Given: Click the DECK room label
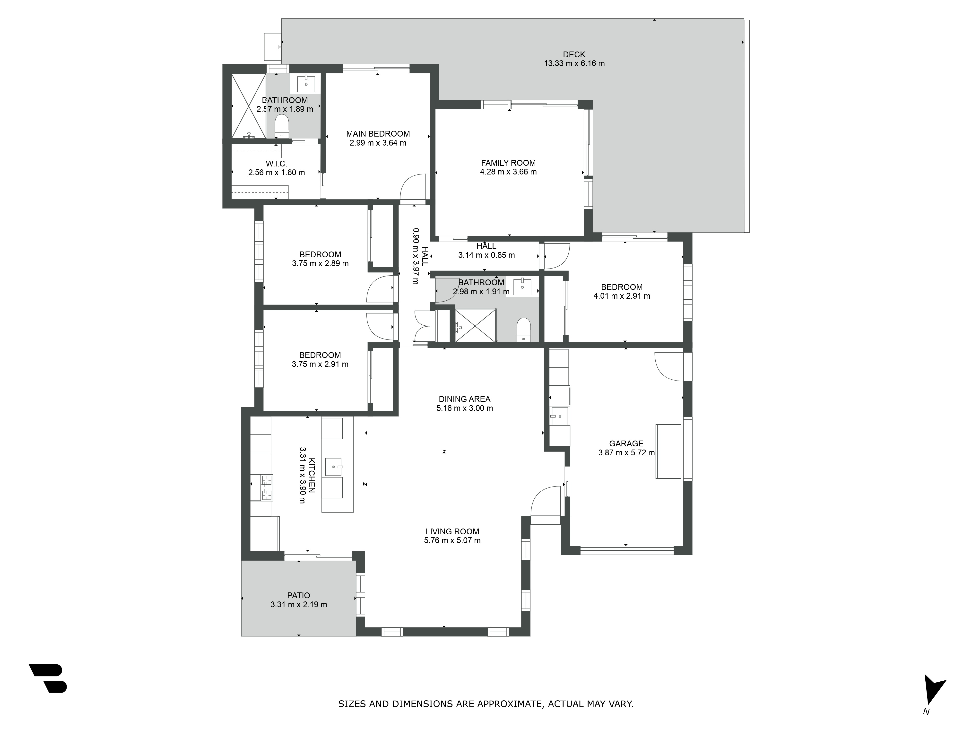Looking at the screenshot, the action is click(574, 54).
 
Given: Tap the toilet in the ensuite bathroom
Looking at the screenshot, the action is click(281, 126).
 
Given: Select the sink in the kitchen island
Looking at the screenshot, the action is click(334, 467).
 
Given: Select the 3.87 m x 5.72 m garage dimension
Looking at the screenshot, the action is click(626, 453).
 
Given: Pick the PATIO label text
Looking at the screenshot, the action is click(299, 595).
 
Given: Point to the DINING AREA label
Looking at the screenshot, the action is click(464, 399).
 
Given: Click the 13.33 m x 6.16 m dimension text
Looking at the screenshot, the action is click(574, 63).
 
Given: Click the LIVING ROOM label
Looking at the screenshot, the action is click(452, 531).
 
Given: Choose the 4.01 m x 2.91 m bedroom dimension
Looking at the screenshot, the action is click(622, 296).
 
